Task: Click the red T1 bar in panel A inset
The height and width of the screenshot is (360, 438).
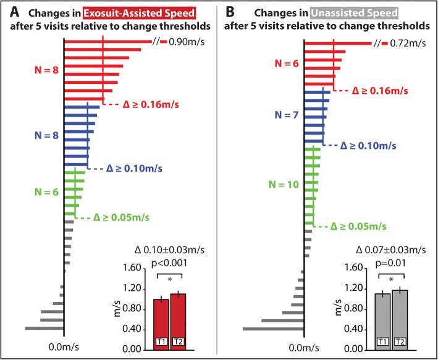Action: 161,324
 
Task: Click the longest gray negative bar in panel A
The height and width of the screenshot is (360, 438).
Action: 44,328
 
